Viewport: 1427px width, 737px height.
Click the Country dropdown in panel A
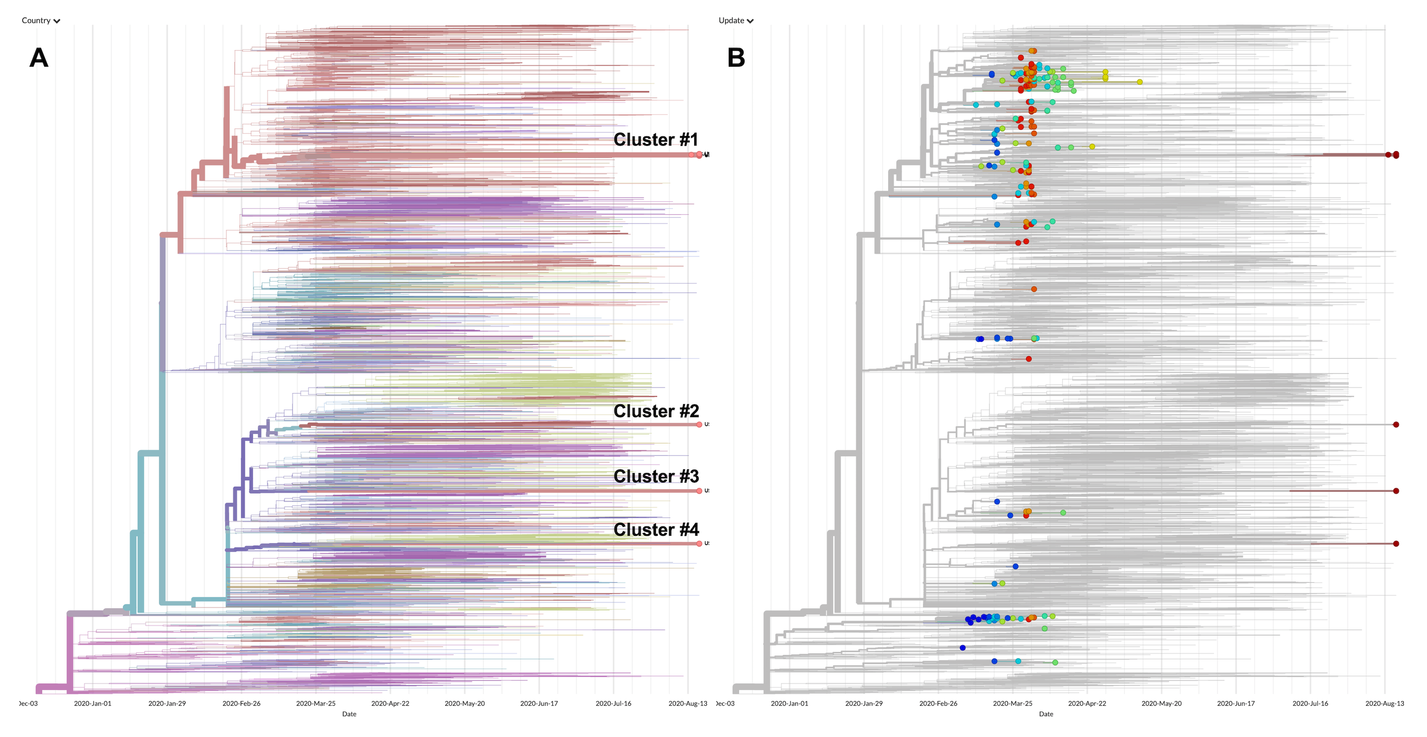tap(40, 20)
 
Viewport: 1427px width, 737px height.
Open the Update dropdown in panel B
tap(736, 20)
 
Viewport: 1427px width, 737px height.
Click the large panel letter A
tap(39, 58)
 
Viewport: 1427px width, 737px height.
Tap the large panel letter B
tap(736, 58)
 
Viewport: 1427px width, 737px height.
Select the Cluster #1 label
tap(655, 139)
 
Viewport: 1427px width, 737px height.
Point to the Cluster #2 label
tap(656, 411)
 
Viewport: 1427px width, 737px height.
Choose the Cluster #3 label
tap(656, 476)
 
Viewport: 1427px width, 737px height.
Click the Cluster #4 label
tap(656, 529)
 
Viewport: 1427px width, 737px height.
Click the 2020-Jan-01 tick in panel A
tap(92, 703)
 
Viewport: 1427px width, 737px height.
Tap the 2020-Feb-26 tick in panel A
tap(242, 703)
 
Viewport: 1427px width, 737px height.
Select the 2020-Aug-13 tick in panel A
tap(687, 703)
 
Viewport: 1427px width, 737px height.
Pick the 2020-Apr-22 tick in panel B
tap(1087, 703)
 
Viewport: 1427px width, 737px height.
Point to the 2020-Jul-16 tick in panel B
tap(1310, 703)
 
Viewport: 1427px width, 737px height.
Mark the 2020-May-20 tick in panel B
tap(1161, 703)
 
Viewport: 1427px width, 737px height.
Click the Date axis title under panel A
tap(349, 714)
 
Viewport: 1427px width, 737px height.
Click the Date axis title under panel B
tap(1046, 714)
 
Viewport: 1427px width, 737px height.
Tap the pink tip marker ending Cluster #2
tap(699, 425)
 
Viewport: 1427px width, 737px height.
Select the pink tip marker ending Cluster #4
tap(699, 544)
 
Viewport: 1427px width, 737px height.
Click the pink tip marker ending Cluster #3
tap(699, 491)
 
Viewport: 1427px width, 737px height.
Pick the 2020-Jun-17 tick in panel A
tap(539, 703)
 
